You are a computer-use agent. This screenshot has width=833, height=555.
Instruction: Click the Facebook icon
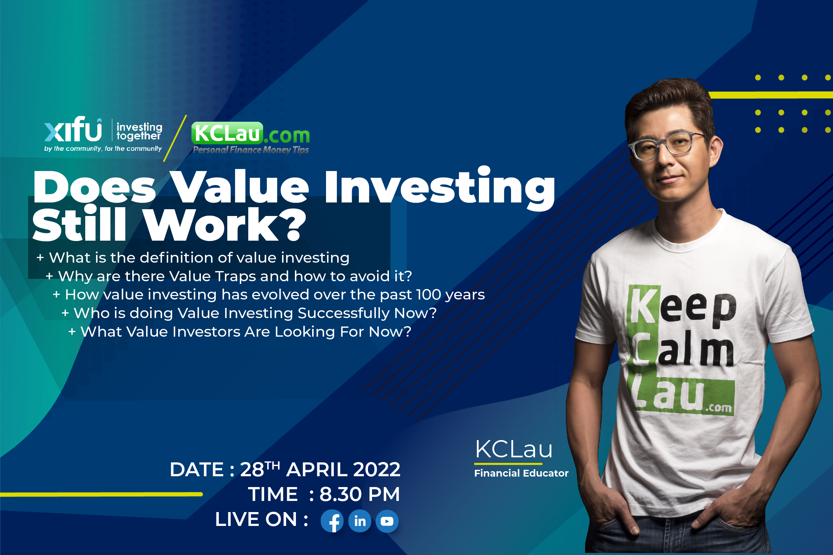tap(332, 521)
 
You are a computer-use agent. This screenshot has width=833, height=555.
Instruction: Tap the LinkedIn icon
tap(360, 521)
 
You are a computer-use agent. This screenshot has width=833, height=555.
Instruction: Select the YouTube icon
tap(387, 521)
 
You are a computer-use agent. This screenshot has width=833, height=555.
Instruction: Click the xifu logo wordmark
tap(73, 129)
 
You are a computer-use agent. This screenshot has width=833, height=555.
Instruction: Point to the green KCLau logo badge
tap(227, 133)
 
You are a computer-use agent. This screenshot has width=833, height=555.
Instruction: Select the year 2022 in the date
tap(376, 470)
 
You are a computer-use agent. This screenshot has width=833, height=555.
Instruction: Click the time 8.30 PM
tap(360, 494)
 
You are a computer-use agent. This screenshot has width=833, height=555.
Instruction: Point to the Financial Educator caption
tap(521, 473)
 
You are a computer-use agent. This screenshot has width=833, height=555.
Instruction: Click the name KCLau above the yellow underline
tap(513, 449)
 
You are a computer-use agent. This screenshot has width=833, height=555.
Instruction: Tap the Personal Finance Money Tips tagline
tap(251, 150)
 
